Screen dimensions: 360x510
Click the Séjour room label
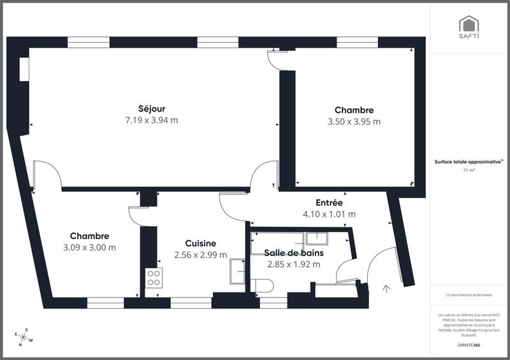tap(151, 108)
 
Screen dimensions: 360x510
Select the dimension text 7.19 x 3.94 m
tap(151, 120)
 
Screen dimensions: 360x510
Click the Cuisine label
tap(200, 243)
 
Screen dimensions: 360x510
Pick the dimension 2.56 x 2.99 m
tap(200, 254)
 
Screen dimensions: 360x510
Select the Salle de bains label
tap(294, 253)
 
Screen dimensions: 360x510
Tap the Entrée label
tap(329, 203)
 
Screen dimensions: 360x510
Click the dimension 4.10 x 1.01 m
tap(329, 214)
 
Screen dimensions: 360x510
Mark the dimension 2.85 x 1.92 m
tap(294, 264)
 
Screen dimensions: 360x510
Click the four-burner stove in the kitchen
tap(154, 277)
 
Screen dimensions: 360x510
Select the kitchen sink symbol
tap(237, 271)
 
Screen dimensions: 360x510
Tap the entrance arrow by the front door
tap(385, 289)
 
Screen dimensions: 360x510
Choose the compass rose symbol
tap(25, 336)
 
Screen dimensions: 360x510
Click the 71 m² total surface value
tap(469, 171)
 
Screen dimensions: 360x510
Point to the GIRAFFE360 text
tap(469, 345)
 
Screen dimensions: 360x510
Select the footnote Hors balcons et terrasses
tap(469, 295)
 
